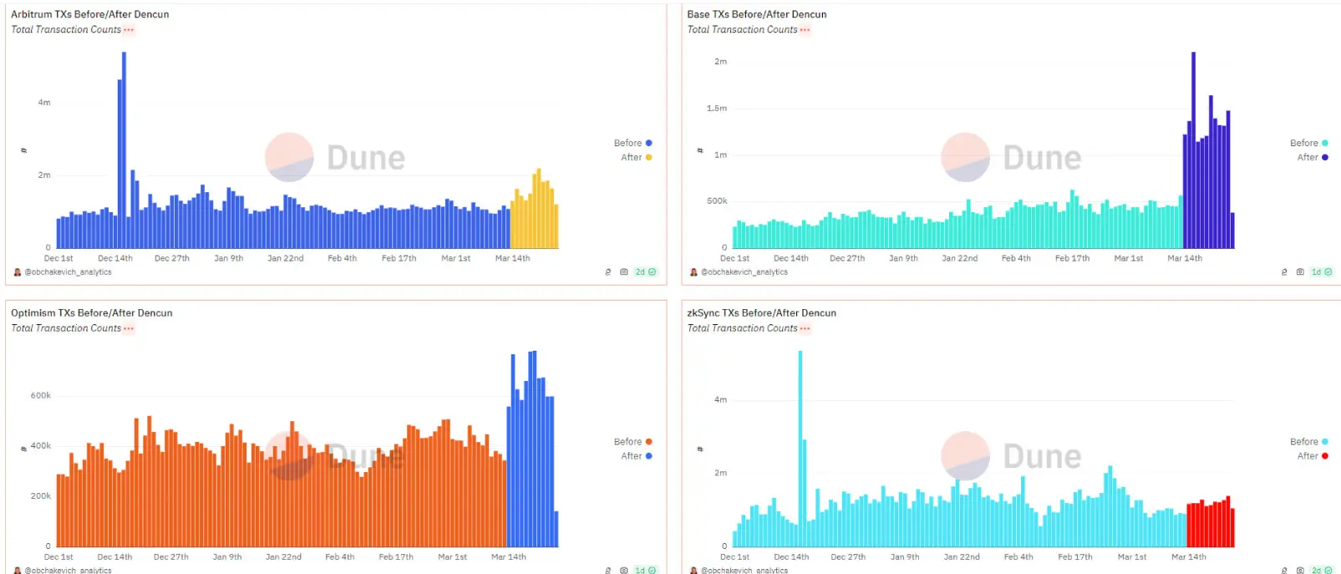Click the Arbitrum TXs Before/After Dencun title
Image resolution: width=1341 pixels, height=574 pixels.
click(89, 14)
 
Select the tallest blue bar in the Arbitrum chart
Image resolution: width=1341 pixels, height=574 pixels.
click(124, 150)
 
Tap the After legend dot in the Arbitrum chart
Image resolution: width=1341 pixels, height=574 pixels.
click(648, 157)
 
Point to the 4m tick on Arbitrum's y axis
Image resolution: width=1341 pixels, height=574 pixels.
click(44, 102)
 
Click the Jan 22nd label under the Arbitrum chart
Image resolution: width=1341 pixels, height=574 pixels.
click(286, 258)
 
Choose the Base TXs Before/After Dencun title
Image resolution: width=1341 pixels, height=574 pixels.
click(757, 14)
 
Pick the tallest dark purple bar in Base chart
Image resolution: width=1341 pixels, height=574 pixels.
click(1193, 150)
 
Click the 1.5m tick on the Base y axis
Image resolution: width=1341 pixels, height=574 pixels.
click(717, 109)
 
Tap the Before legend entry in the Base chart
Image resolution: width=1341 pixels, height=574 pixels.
click(1309, 143)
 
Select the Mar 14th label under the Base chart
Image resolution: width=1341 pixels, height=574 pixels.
click(1185, 258)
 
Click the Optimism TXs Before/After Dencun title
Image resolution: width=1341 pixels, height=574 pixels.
click(92, 313)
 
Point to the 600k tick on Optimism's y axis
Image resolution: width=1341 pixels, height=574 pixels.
click(41, 396)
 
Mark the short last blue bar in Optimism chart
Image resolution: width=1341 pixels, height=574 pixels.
click(556, 529)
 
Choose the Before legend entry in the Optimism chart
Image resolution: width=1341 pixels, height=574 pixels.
click(632, 442)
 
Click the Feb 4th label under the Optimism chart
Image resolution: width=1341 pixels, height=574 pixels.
click(340, 556)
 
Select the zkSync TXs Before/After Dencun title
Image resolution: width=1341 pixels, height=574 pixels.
click(761, 313)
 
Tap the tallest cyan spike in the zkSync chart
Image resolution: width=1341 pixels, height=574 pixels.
click(800, 449)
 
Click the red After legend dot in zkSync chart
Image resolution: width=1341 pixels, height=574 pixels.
click(1325, 456)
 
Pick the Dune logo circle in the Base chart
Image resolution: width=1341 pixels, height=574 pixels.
click(965, 157)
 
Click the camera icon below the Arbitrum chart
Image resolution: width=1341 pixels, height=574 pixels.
click(624, 272)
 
